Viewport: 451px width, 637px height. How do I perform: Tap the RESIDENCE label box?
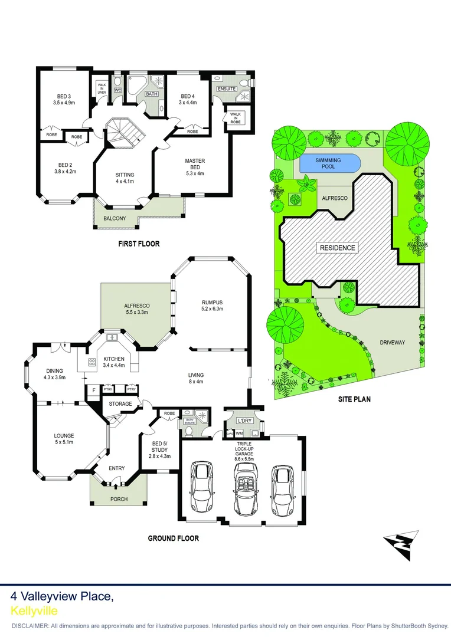pos(338,248)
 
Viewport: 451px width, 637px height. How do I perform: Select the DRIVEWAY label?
pos(393,342)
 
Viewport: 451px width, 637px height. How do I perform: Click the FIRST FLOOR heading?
pos(138,244)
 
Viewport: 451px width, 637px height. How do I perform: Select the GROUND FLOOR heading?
pos(174,538)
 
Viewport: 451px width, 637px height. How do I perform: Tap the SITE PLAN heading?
pos(354,399)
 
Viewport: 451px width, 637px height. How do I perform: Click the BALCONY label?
pos(115,219)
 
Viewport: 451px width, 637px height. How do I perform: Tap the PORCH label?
pos(119,499)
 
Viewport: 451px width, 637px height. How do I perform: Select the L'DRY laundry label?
pos(244,421)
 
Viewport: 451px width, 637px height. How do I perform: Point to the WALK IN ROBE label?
pos(236,117)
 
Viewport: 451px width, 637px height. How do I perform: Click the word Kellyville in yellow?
pos(34,611)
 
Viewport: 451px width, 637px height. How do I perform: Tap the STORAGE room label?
pos(121,403)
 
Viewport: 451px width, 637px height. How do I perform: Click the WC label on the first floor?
pos(117,90)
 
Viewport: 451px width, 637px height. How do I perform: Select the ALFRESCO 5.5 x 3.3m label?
pos(136,308)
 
